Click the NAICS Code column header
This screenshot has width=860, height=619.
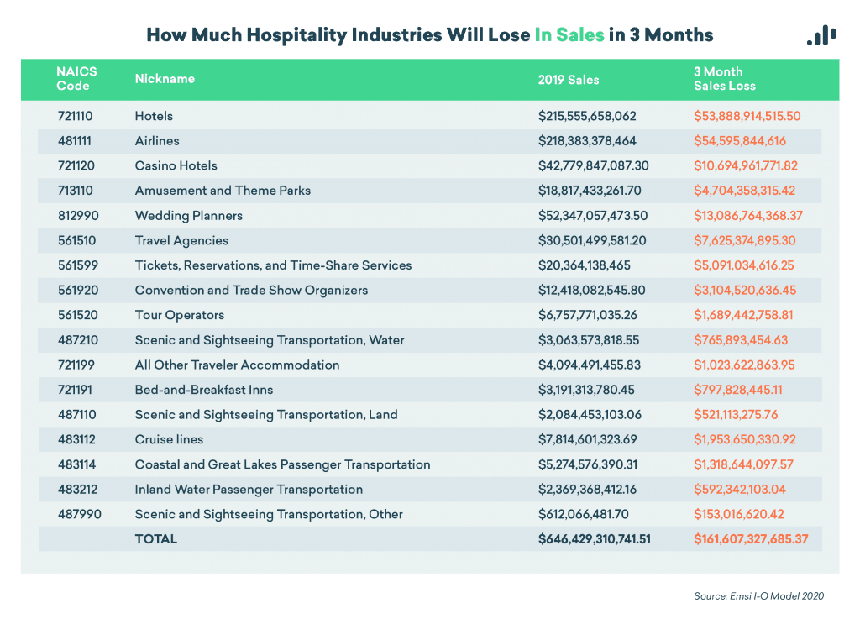(76, 79)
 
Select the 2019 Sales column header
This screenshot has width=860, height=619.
(569, 79)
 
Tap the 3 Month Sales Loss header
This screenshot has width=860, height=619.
(724, 79)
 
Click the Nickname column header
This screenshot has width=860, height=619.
(165, 79)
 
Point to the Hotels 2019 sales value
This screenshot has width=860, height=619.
(587, 116)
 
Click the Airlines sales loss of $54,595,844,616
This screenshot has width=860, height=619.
(740, 141)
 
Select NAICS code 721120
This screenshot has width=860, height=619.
(75, 165)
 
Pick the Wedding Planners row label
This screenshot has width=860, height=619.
(189, 216)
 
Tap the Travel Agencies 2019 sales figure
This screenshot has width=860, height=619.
(593, 240)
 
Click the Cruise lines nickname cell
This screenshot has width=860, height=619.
(169, 440)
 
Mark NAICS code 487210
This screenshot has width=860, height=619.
(76, 340)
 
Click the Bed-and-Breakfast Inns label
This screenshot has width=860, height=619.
(204, 390)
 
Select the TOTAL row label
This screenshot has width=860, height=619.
(156, 539)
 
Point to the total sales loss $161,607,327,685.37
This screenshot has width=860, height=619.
(751, 539)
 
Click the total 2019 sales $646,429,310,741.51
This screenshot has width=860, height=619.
(595, 539)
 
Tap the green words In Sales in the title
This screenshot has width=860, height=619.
(569, 35)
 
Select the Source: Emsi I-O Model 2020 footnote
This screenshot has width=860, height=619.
(758, 596)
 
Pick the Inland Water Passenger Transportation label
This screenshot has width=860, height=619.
(249, 490)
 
